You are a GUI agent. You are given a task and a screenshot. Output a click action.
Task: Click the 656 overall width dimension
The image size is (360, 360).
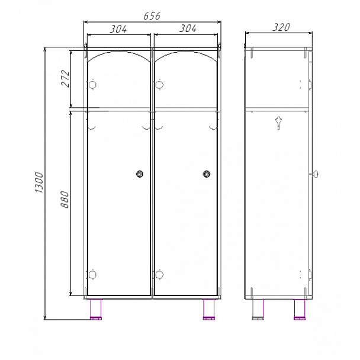[152, 16]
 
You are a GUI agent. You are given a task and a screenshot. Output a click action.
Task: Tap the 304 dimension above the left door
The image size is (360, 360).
[118, 29]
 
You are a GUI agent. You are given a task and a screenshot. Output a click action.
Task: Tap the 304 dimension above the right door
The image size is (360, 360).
[188, 28]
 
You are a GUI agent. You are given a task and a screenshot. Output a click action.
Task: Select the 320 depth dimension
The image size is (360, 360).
[281, 27]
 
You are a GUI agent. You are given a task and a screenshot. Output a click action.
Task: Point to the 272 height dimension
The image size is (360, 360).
[65, 79]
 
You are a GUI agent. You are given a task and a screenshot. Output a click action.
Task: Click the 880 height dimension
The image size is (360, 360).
[65, 200]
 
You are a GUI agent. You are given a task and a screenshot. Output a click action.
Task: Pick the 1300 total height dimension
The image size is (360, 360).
[39, 182]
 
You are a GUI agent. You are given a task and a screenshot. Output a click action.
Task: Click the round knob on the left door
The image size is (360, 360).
[140, 174]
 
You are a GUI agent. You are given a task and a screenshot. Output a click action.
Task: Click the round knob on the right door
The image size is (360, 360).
[207, 174]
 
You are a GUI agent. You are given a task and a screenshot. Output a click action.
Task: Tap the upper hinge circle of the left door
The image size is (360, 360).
[92, 85]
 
